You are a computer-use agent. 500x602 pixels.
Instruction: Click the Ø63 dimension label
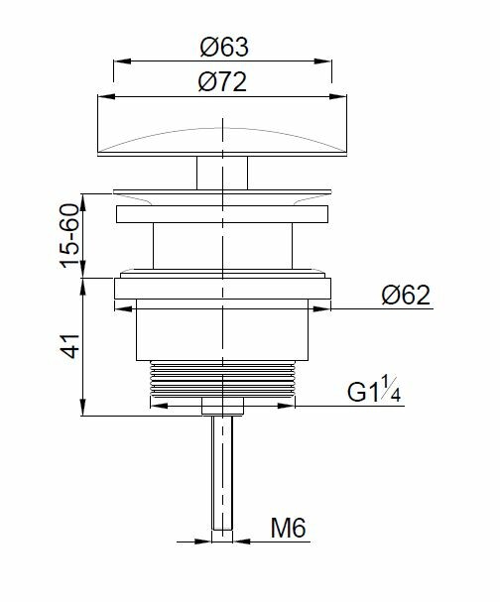coord(224,48)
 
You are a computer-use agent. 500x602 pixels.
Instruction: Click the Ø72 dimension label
coord(222,82)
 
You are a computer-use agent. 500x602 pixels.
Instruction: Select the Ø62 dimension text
coord(406,296)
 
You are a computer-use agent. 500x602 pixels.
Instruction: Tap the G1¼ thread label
coord(374,391)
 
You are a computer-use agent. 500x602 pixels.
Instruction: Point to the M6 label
coord(288,528)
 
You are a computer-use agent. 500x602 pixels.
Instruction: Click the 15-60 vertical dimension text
coord(69,236)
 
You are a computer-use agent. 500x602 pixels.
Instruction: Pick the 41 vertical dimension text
coord(69,346)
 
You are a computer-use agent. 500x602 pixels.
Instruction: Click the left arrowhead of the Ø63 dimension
coord(122,61)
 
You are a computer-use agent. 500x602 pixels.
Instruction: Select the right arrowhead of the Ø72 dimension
coord(338,97)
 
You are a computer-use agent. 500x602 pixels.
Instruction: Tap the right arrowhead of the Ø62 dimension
coord(321,308)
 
